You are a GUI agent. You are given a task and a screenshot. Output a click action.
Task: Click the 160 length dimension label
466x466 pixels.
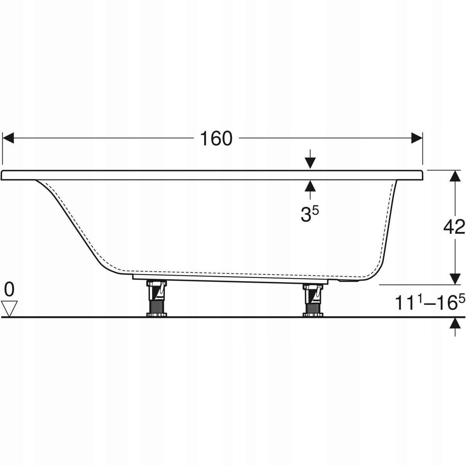[216, 139]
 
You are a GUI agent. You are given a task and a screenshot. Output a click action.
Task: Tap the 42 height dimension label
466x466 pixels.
[454, 227]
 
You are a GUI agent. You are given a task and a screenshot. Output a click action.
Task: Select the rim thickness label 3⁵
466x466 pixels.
[310, 214]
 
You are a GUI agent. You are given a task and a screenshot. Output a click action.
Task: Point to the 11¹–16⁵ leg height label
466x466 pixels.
[430, 302]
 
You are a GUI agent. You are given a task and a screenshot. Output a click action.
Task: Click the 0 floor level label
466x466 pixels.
[9, 290]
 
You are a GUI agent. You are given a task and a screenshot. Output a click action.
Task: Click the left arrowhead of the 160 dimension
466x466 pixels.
[8, 138]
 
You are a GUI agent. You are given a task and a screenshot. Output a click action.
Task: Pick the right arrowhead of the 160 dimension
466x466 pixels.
[417, 138]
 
